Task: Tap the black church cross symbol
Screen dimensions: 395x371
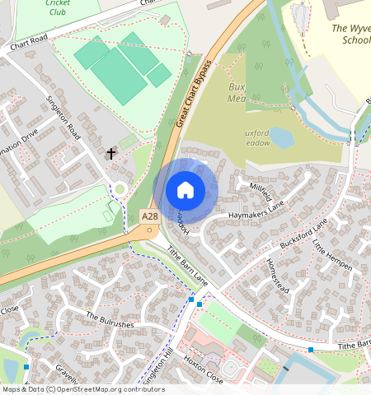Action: [111, 153]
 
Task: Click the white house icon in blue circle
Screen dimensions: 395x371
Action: [185, 190]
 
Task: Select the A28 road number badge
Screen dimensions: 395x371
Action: [148, 216]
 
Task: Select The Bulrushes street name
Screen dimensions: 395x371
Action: [110, 320]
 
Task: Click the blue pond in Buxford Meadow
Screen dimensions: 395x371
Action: [282, 137]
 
